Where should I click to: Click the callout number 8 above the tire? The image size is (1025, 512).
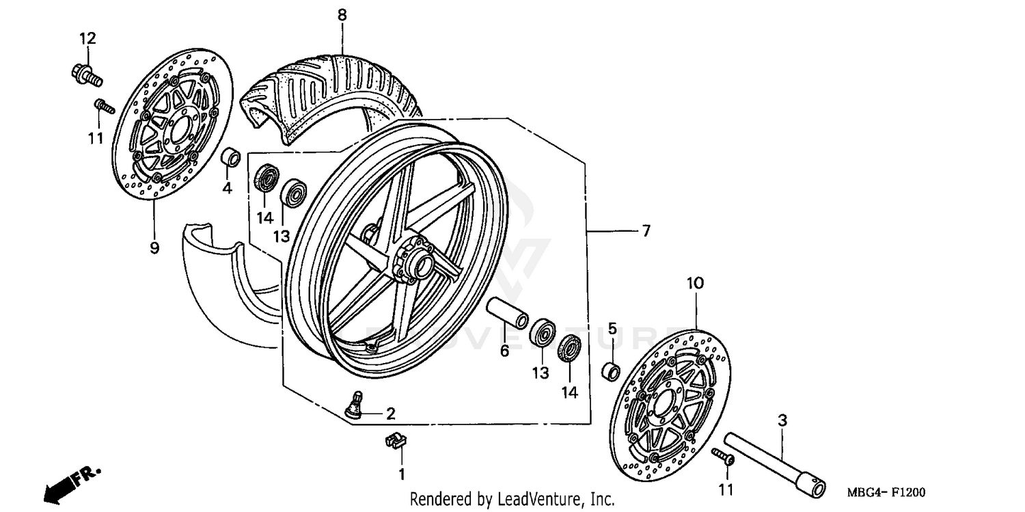pos(342,14)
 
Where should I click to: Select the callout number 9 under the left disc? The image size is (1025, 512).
pos(154,247)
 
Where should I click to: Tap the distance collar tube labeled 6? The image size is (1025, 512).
pos(506,312)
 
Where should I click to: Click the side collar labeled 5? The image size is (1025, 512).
pos(610,372)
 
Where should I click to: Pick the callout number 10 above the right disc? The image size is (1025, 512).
pos(694,283)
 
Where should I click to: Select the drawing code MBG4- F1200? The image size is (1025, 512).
pos(886,492)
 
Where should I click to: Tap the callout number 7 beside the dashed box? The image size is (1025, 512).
pos(646,231)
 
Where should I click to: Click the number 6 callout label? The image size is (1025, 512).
pos(504,351)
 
